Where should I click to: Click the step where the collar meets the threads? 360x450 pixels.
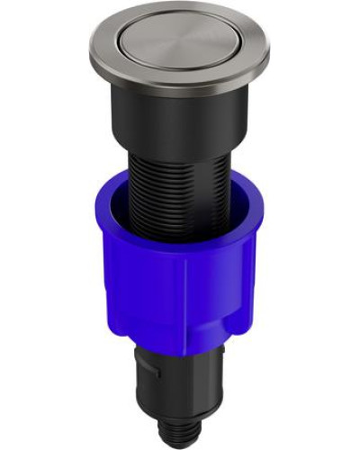(x=180, y=151)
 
